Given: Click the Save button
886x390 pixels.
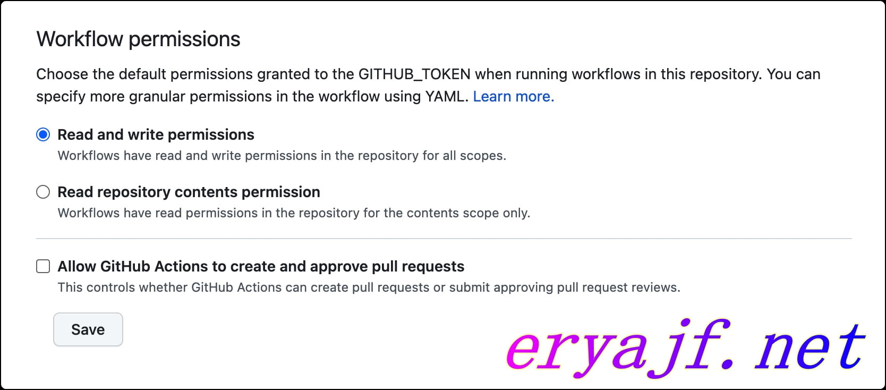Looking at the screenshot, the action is (88, 329).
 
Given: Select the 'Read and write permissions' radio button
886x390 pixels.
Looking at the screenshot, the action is (43, 135).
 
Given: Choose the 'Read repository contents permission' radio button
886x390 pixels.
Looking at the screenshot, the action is (43, 192).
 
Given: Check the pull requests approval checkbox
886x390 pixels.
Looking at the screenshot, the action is (43, 266).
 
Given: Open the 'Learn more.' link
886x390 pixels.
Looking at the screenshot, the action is (514, 97).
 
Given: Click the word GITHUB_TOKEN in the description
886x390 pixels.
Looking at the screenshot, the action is (414, 74).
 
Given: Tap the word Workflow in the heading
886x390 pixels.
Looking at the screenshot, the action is (80, 39).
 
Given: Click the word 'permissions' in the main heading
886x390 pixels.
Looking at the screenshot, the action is (184, 40).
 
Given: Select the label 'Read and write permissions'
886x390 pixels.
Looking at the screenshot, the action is (156, 135).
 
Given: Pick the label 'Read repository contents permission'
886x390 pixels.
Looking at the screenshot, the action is (189, 192).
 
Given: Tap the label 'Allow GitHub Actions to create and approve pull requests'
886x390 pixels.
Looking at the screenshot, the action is (261, 267).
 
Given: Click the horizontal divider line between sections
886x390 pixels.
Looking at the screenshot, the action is (444, 239).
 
